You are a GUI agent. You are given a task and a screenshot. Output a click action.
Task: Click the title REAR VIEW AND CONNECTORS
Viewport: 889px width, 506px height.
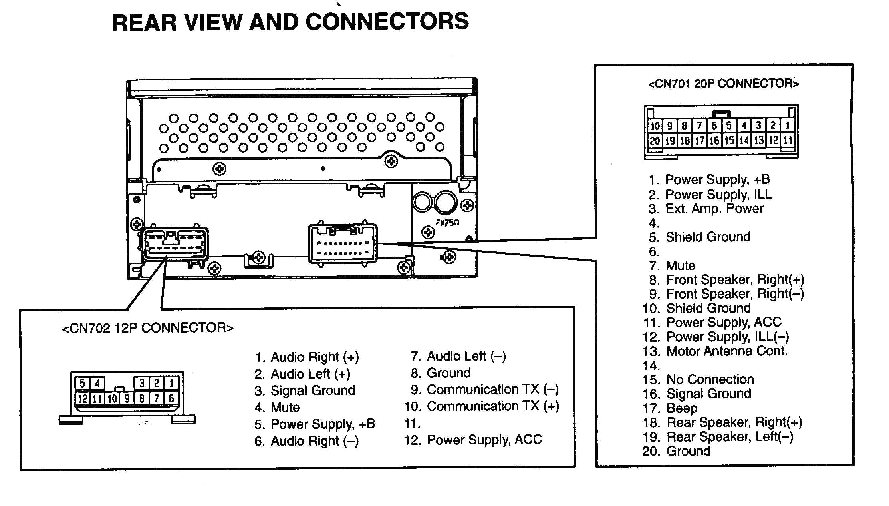pos(290,22)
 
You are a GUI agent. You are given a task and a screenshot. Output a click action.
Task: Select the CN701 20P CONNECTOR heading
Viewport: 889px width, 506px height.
pos(723,84)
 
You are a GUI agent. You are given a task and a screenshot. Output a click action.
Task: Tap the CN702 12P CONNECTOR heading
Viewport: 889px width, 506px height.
pos(148,328)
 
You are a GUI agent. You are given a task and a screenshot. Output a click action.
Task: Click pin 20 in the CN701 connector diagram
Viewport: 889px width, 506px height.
pos(655,141)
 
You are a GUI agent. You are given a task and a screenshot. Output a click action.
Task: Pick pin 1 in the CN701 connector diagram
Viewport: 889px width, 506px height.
pos(788,126)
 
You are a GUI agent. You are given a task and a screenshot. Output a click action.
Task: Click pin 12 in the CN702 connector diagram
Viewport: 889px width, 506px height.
pos(83,398)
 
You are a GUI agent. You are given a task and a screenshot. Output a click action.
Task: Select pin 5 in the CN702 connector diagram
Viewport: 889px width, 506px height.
pos(82,383)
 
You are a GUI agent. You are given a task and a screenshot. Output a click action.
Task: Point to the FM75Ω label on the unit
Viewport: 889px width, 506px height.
pos(447,223)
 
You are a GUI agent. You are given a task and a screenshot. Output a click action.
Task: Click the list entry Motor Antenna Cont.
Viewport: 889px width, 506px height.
pos(727,351)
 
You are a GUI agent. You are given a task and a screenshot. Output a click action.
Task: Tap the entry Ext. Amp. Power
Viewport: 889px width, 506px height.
pos(714,209)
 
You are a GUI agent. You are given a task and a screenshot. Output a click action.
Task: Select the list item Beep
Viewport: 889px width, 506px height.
pos(682,408)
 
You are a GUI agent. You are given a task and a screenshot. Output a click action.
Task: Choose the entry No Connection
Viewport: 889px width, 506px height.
pos(710,379)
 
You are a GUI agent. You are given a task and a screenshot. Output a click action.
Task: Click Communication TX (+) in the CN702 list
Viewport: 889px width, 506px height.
pos(493,406)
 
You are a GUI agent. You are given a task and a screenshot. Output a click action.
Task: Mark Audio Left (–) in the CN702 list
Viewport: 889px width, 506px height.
pos(466,356)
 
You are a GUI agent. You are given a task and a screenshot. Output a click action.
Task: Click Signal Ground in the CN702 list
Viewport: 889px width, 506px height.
pos(313,390)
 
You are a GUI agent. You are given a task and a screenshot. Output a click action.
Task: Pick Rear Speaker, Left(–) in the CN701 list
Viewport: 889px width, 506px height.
pos(730,437)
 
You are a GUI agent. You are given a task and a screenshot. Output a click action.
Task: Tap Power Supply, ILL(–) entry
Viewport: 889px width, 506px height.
pos(727,337)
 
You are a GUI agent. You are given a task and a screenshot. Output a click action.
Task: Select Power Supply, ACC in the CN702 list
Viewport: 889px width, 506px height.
pos(484,440)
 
